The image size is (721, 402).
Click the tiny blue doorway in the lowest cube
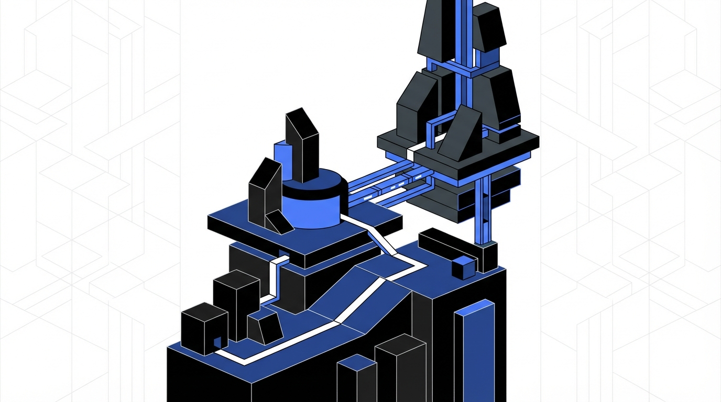217,343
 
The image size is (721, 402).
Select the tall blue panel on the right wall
475,351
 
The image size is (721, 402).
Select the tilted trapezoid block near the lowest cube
265,326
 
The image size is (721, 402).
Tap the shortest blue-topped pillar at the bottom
356,379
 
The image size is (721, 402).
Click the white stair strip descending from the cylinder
380,238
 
